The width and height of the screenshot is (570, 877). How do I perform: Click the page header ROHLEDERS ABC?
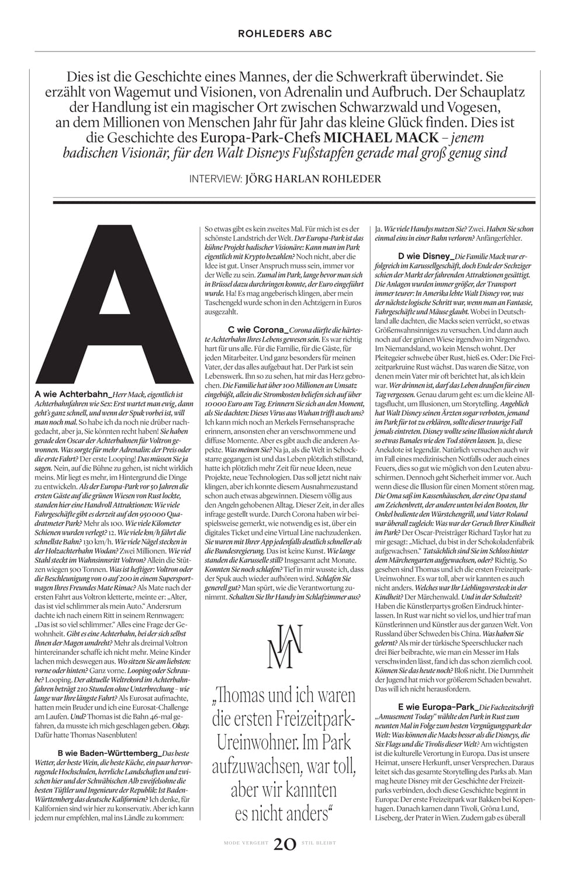[285, 34]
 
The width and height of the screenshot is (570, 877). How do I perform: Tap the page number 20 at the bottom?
[285, 844]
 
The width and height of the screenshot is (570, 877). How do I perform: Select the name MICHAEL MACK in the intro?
[381, 138]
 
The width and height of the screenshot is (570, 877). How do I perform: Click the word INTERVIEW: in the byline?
[215, 179]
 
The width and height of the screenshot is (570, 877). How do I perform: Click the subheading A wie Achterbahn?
[72, 395]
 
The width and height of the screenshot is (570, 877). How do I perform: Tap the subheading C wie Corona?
[255, 330]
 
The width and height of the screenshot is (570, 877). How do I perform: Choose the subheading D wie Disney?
[425, 256]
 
